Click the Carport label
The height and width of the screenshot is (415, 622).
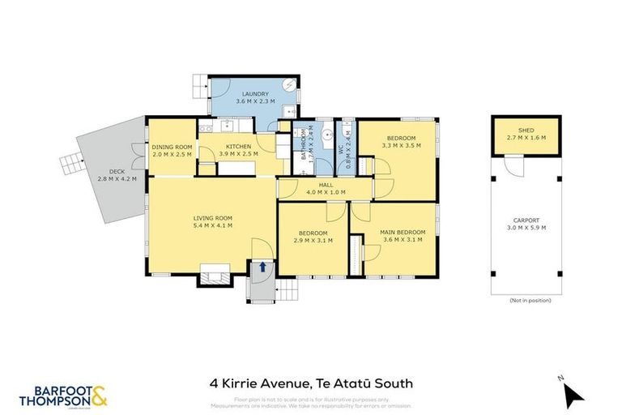click(526, 224)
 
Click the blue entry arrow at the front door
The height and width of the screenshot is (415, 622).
click(262, 266)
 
